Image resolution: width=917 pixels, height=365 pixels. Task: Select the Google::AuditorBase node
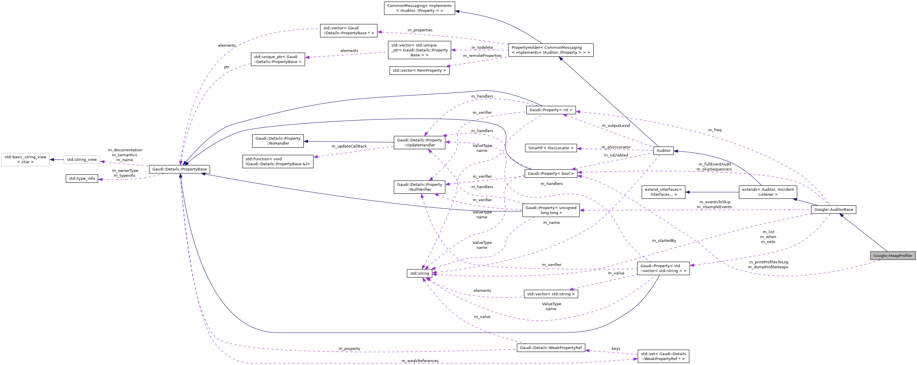click(x=833, y=209)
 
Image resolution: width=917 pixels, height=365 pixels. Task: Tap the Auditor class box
click(x=663, y=151)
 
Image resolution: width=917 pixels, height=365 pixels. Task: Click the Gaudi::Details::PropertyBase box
click(x=179, y=169)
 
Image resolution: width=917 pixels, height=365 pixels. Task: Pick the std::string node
click(x=419, y=274)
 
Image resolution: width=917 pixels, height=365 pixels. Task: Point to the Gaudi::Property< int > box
click(x=551, y=110)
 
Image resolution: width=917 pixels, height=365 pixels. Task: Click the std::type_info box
click(x=82, y=178)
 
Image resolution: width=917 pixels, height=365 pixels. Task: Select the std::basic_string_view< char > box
click(x=25, y=159)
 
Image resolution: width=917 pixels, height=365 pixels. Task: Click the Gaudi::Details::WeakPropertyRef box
click(x=551, y=348)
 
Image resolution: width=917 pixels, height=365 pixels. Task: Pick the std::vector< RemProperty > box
click(x=419, y=71)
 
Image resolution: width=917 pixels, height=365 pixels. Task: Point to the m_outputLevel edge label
click(x=616, y=126)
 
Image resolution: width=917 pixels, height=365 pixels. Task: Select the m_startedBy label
click(x=664, y=241)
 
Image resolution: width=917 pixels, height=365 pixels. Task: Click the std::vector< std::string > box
click(x=551, y=294)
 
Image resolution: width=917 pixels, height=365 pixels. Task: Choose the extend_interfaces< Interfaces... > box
click(x=663, y=192)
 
